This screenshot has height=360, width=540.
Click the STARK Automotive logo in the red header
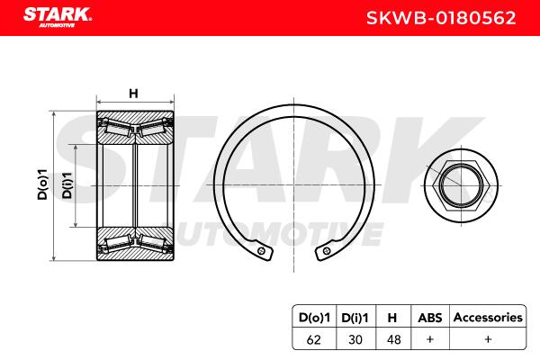click(x=58, y=17)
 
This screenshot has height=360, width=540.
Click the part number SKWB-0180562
click(x=441, y=18)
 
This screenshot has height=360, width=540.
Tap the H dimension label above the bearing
click(x=133, y=94)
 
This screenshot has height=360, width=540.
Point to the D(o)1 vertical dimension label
click(x=42, y=184)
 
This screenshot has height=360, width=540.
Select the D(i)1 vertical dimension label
click(x=67, y=185)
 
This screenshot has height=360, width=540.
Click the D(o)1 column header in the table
click(x=314, y=318)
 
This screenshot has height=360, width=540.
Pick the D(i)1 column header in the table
click(x=355, y=318)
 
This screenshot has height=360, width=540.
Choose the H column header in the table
click(x=392, y=318)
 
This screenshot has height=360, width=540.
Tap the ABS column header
click(x=430, y=318)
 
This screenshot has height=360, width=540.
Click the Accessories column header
click(x=488, y=318)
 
